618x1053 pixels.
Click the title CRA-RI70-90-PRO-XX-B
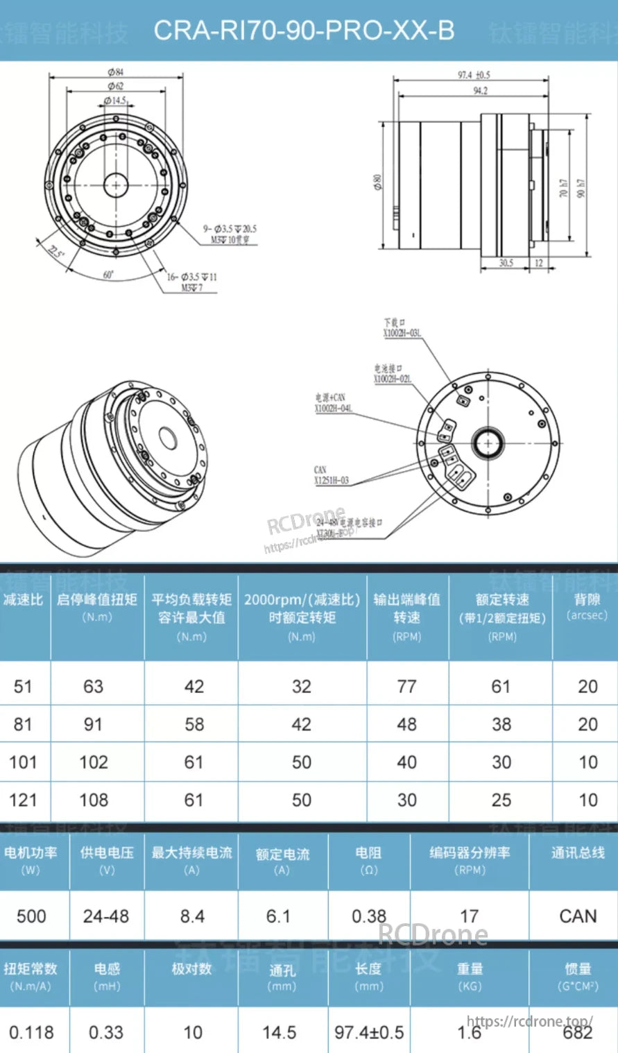coord(304,31)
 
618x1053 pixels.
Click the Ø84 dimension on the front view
coord(116,72)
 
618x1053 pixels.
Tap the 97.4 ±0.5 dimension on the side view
coord(473,75)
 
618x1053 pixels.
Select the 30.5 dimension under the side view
coord(506,263)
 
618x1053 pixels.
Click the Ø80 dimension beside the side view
coord(378,182)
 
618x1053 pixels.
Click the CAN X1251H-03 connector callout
coord(331,475)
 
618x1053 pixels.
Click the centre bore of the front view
coord(116,185)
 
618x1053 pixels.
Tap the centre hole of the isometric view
coord(167,438)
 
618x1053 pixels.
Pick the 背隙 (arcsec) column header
coord(587,606)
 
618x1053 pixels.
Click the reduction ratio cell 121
coord(23,800)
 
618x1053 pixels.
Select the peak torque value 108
coord(94,800)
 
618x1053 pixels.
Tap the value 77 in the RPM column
coord(406,687)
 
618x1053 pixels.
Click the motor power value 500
coord(31,916)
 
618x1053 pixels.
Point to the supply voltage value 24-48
coord(106,916)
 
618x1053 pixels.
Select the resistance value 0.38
coord(368,916)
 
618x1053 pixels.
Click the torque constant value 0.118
coord(31,1032)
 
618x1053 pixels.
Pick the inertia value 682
coord(577,1033)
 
